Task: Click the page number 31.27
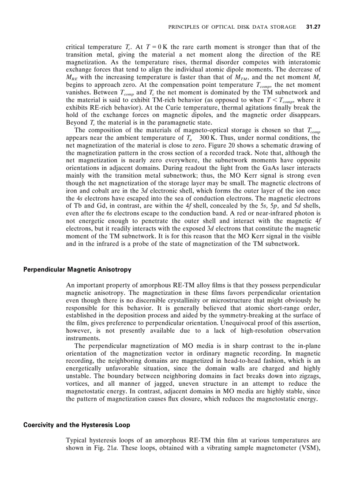point(313,27)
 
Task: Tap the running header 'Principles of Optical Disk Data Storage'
point(232,27)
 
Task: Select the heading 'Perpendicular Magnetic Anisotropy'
point(77,269)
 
